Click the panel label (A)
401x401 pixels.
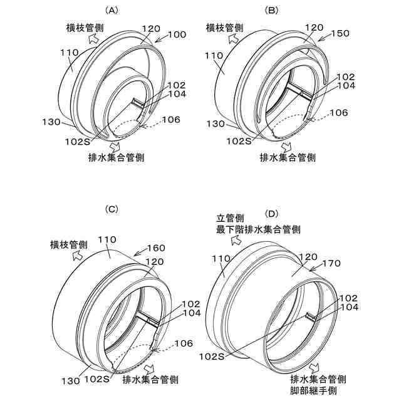112,10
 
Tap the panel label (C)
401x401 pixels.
112,209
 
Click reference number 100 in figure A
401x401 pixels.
177,36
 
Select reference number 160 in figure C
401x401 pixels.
156,248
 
